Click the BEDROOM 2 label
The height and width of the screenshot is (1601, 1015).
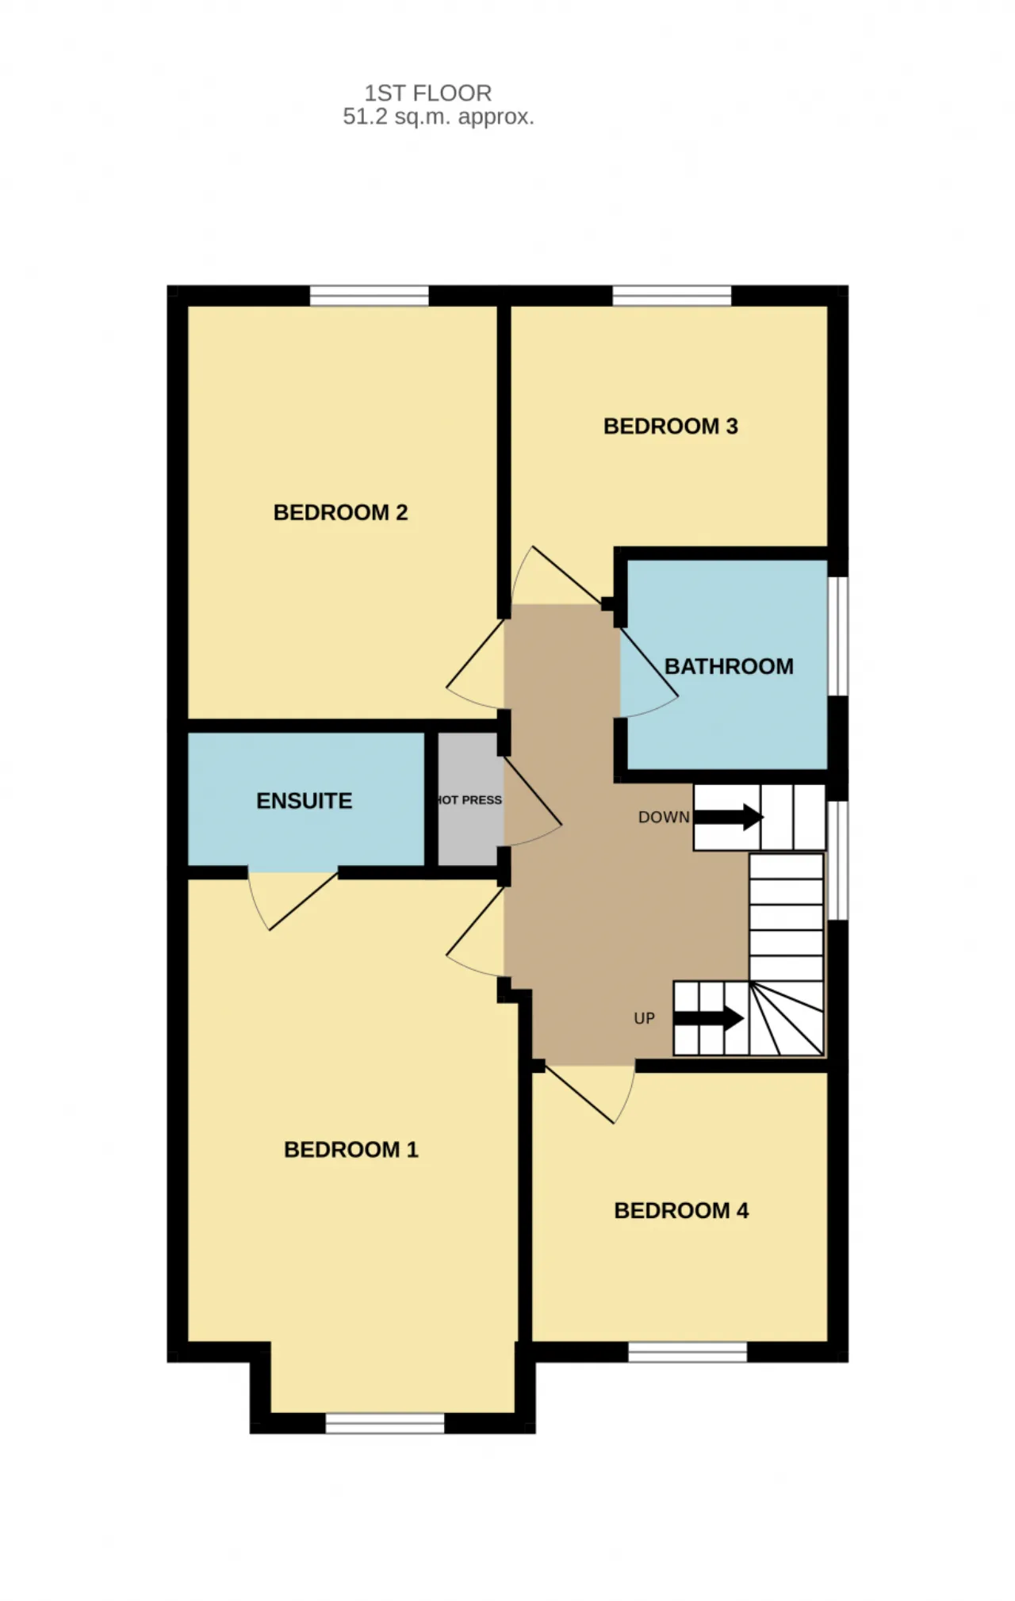pyautogui.click(x=340, y=512)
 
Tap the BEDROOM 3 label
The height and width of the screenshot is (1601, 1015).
pyautogui.click(x=671, y=427)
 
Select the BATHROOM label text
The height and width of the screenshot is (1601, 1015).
pyautogui.click(x=729, y=666)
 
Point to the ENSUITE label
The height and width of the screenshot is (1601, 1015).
pyautogui.click(x=304, y=801)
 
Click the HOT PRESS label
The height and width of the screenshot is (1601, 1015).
pyautogui.click(x=469, y=800)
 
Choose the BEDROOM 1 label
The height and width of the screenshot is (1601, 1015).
pyautogui.click(x=350, y=1150)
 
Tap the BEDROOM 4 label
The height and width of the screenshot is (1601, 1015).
pyautogui.click(x=681, y=1211)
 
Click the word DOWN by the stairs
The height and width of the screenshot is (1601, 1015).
pyautogui.click(x=664, y=818)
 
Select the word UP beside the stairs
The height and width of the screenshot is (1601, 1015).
pyautogui.click(x=645, y=1018)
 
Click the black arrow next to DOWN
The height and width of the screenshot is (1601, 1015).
pyautogui.click(x=728, y=818)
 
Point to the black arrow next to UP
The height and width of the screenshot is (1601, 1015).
pyautogui.click(x=708, y=1018)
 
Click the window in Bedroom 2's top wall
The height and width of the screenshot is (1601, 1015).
pyautogui.click(x=369, y=295)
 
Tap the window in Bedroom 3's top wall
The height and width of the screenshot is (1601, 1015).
pyautogui.click(x=672, y=295)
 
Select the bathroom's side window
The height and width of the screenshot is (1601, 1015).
pyautogui.click(x=838, y=637)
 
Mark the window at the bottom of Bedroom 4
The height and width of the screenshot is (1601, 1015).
pyautogui.click(x=688, y=1352)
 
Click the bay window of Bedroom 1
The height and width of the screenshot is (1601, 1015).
pyautogui.click(x=385, y=1423)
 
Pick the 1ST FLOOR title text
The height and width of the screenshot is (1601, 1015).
pyautogui.click(x=428, y=94)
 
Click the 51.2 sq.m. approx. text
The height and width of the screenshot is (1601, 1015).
pyautogui.click(x=439, y=117)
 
